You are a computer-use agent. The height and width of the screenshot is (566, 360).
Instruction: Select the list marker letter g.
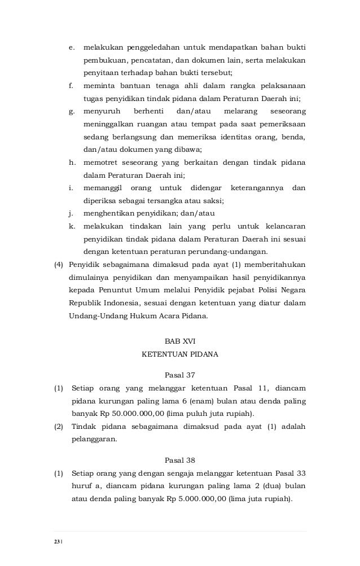point(71,112)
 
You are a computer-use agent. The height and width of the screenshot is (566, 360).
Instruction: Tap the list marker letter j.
point(71,213)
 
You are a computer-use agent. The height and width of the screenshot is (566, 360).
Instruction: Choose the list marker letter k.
point(71,226)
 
